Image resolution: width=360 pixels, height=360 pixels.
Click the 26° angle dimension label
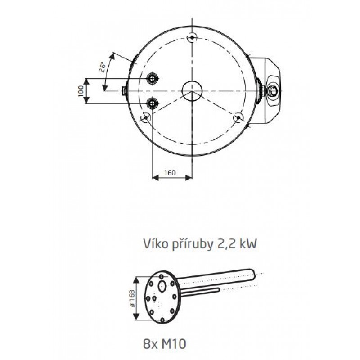(103, 67)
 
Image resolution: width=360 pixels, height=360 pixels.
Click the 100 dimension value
(81, 91)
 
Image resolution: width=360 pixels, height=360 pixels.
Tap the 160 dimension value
(170, 173)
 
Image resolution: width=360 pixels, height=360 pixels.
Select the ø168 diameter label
(132, 298)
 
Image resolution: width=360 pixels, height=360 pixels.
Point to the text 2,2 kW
(237, 244)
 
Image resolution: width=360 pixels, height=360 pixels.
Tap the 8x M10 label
(164, 344)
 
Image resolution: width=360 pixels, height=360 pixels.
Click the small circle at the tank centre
(192, 91)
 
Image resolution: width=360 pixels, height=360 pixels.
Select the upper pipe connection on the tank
(152, 78)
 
